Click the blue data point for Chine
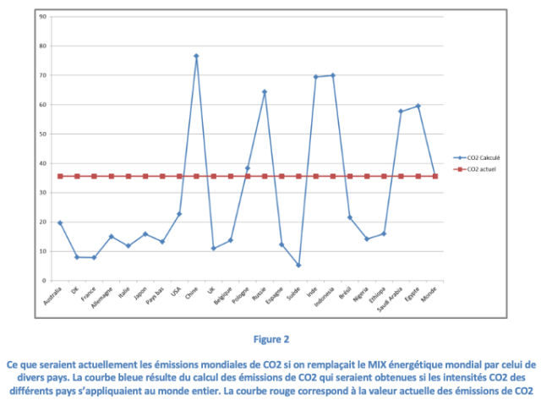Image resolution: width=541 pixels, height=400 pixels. (x=196, y=56)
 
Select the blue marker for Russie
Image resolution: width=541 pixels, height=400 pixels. (x=265, y=91)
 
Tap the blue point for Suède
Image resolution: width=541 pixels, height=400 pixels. (x=298, y=265)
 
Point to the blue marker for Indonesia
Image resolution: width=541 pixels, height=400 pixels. (x=333, y=75)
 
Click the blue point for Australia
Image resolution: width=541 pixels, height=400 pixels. (x=60, y=222)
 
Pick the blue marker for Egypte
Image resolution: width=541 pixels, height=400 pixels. (x=418, y=106)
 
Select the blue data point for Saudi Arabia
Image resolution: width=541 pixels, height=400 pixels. (x=401, y=112)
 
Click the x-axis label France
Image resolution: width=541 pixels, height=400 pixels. (x=88, y=295)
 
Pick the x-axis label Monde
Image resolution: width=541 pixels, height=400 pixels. (x=429, y=295)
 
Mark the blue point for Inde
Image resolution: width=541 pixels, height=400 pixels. (x=316, y=77)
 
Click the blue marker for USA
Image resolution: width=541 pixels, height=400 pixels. (x=179, y=214)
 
